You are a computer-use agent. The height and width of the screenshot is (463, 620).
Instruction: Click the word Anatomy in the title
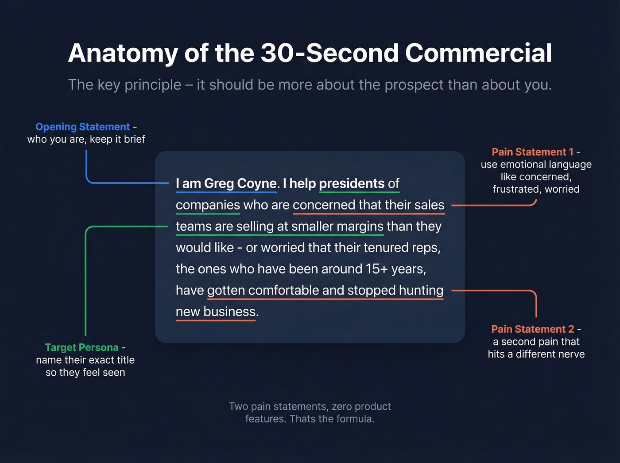[x=122, y=54]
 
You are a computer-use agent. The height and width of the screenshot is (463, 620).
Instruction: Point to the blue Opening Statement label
[x=83, y=127]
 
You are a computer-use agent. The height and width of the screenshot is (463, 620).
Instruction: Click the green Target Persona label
[x=82, y=347]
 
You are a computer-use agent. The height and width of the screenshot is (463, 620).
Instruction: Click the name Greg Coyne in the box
[x=240, y=183]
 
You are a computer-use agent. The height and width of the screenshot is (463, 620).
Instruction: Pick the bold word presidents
[x=352, y=183]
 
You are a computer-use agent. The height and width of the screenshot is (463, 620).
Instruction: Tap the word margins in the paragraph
[x=360, y=226]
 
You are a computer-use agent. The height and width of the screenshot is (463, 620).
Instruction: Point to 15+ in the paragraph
[x=376, y=269]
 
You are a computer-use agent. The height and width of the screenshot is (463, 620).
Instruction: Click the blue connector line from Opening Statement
[x=86, y=166]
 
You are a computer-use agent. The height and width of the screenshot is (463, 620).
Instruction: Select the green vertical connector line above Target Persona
[x=85, y=284]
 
